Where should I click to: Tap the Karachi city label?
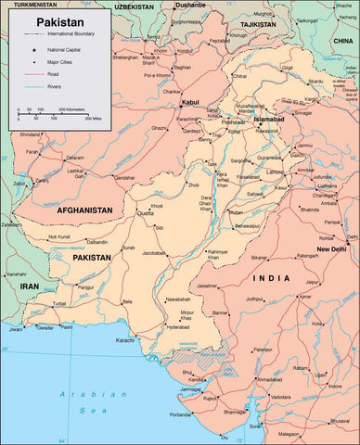coord(125,340)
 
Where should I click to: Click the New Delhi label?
coord(331,249)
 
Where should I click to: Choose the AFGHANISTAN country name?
coord(84,210)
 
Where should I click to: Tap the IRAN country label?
coord(30,286)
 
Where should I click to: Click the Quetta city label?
coord(145,212)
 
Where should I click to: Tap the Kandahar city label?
coord(124,175)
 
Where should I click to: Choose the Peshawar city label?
coord(233,121)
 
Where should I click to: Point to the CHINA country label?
coord(344,42)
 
